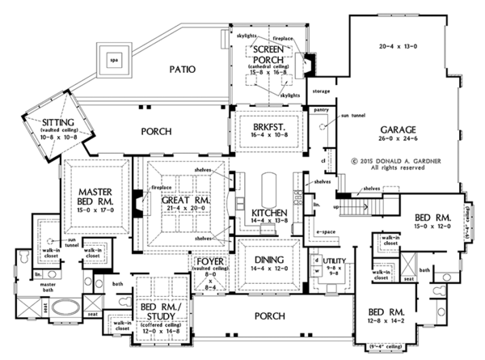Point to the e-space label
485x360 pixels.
[x=326, y=231]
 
